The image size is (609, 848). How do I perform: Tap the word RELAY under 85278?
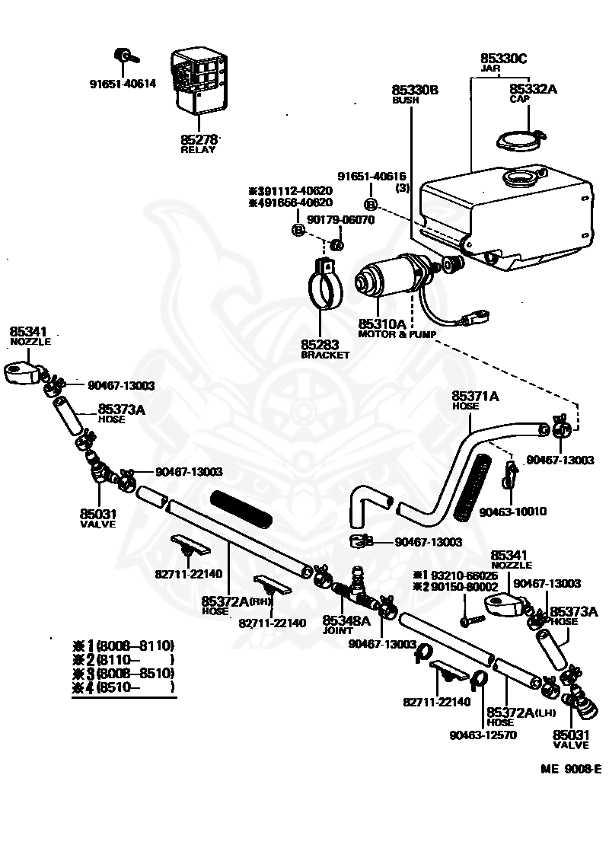pos(198,150)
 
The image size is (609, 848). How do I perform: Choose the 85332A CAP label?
pos(533,94)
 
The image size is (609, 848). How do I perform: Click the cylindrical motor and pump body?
pos(388,278)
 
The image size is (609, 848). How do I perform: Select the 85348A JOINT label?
pos(346,624)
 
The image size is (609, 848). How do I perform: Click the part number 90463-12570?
pos(483,736)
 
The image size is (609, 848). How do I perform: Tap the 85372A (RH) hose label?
pos(236,605)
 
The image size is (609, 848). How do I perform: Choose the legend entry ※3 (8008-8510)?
pos(123,673)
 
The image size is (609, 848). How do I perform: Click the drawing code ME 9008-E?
pos(571,769)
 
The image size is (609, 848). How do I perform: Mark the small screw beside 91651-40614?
pos(123,56)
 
